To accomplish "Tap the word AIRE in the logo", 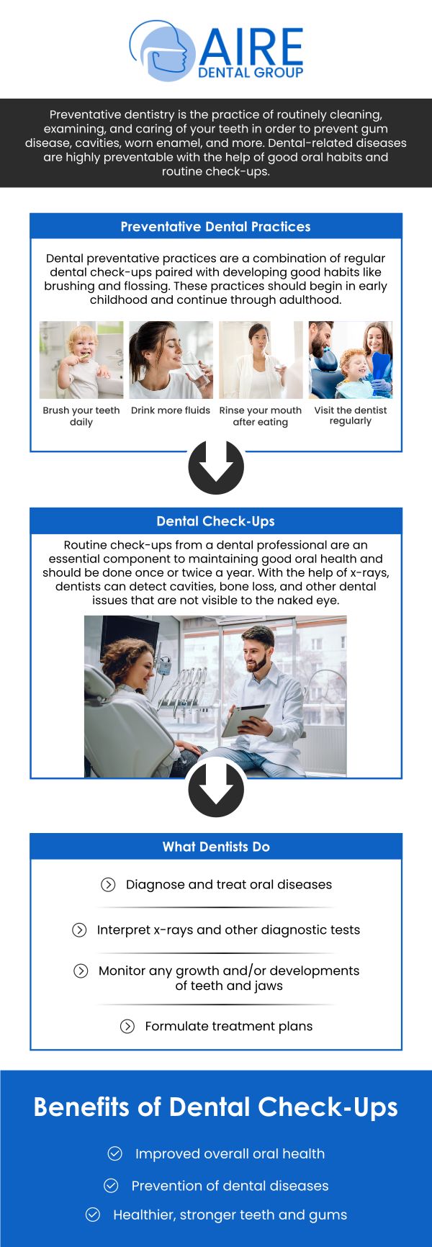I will point(251,48).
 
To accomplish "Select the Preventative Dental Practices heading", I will point(216,227).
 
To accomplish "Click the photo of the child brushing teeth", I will point(81,359).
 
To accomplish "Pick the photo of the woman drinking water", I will point(171,359).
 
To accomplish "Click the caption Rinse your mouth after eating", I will point(261,416).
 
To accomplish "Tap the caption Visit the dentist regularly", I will point(351,415).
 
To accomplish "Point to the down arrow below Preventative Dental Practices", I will point(216,467).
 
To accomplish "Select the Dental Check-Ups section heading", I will point(216,521).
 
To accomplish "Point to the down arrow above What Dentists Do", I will point(216,790).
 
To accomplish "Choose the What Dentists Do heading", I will point(216,847).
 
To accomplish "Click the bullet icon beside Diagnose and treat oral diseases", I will point(108,884).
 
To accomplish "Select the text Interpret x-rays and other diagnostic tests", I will point(228,929).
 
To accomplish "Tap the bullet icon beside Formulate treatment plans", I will point(127,1026).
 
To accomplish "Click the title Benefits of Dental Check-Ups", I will point(216,1107).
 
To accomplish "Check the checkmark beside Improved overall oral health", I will point(115,1153).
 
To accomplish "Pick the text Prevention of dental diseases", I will point(230,1186).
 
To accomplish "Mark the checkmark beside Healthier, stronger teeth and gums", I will point(93,1215).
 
